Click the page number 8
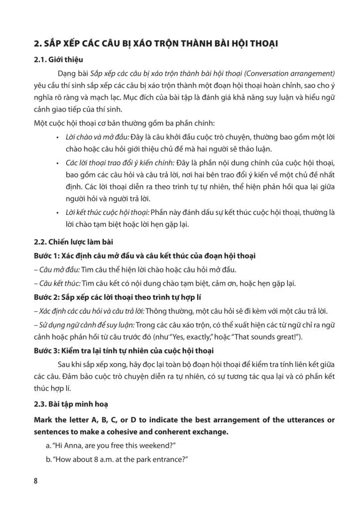pyautogui.click(x=36, y=482)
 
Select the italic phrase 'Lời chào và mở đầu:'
pyautogui.click(x=97, y=137)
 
